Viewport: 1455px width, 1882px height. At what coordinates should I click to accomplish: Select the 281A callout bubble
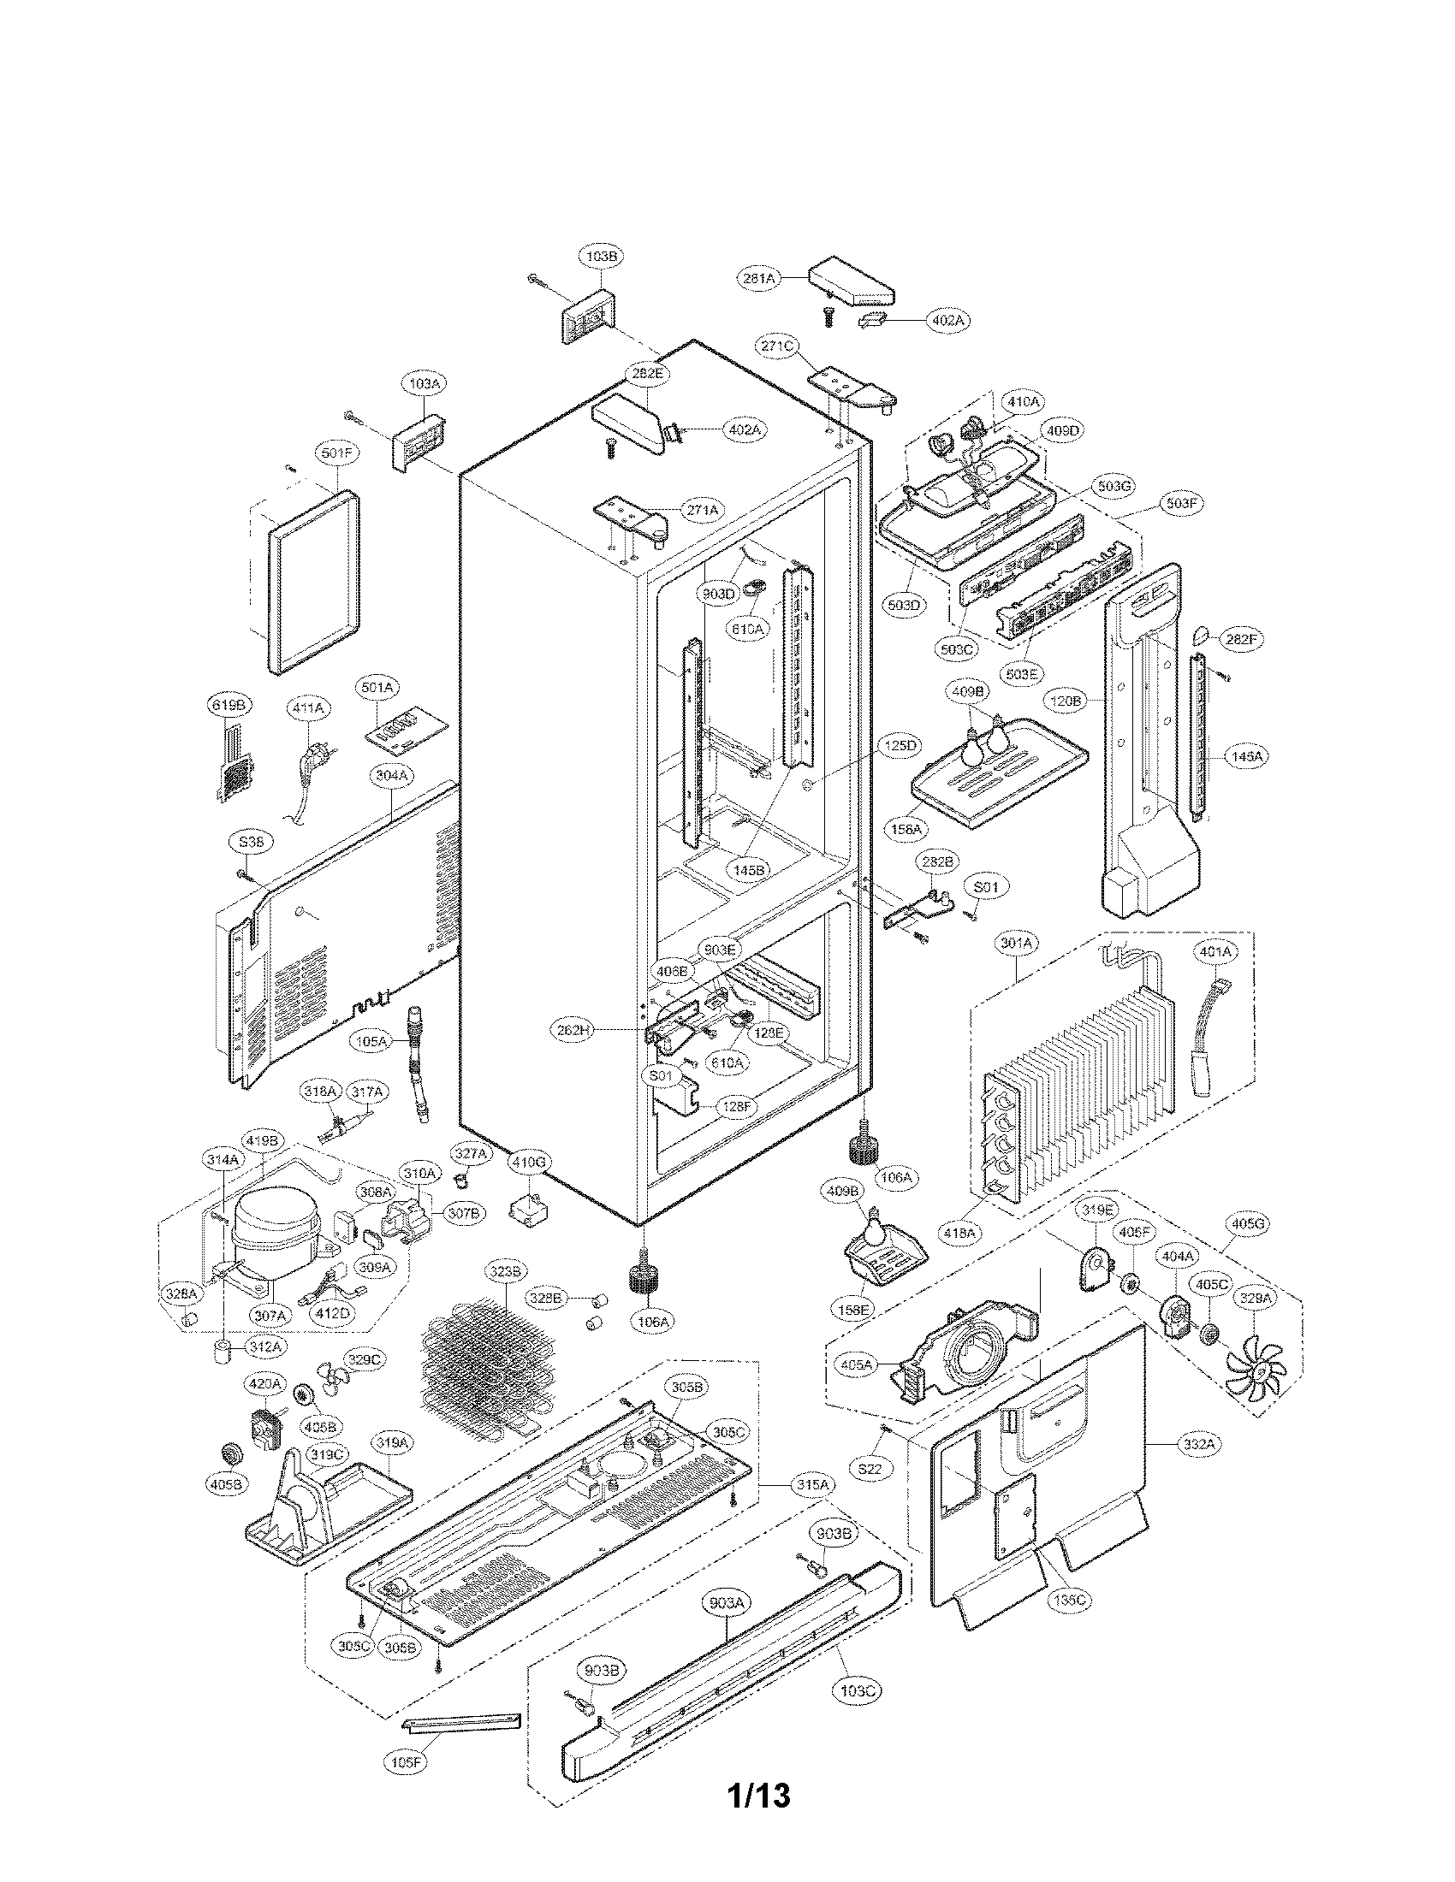tap(757, 278)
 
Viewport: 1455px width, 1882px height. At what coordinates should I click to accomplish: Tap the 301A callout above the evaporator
tap(1016, 944)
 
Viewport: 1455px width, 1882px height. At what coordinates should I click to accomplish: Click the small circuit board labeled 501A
tap(403, 731)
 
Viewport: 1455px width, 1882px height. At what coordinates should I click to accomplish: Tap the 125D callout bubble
tap(899, 746)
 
